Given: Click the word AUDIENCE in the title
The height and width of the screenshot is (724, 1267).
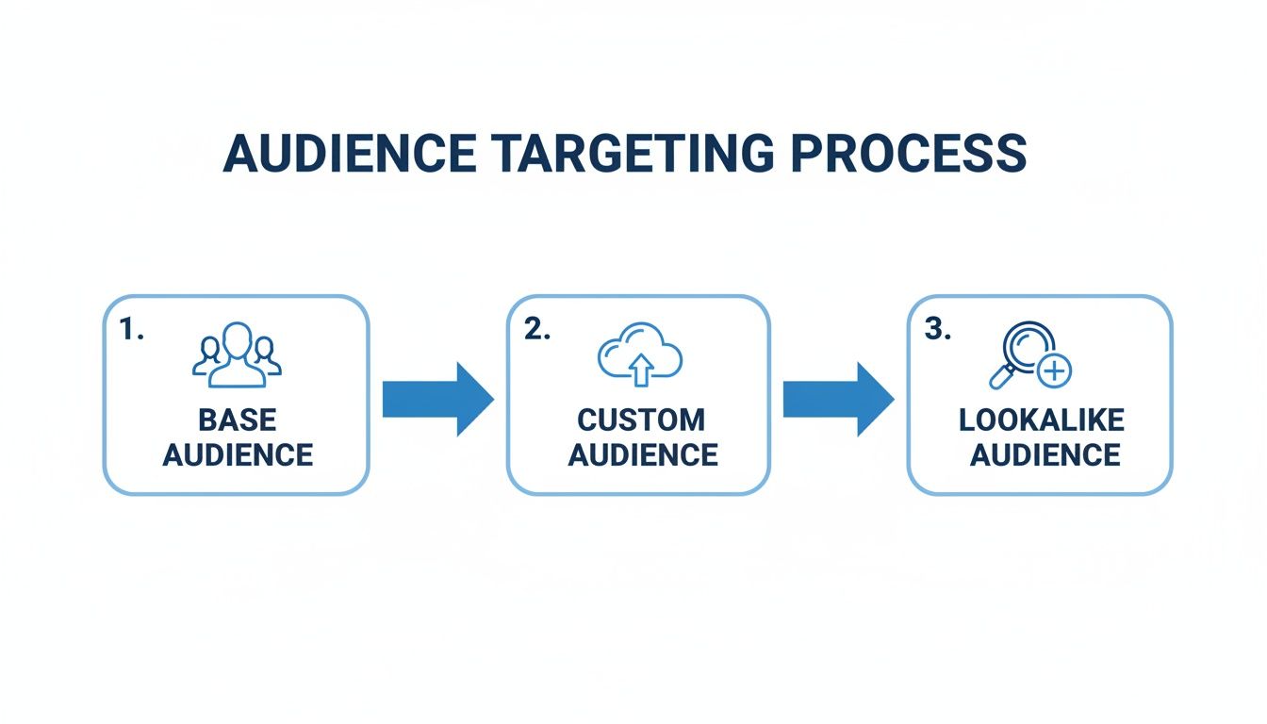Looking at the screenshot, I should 350,154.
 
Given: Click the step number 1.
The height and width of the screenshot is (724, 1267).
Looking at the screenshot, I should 131,330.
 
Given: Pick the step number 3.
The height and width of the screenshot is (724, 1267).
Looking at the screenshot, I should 936,330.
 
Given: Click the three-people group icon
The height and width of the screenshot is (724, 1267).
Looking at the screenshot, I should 237,355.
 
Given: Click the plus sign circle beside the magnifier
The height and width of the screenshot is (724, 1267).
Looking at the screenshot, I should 1054,371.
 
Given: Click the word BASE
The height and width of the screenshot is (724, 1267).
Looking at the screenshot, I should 238,420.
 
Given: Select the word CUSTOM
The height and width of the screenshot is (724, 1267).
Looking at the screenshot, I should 641,420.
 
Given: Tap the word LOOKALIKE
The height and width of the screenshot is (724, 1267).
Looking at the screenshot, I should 1042,420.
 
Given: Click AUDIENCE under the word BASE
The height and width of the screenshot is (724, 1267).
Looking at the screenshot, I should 238,454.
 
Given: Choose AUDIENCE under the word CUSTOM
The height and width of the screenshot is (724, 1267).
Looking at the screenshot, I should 643,454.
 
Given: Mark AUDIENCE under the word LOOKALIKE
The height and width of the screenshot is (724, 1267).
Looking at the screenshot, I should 1045,454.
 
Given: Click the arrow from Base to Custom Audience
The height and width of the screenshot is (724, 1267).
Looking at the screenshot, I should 436,399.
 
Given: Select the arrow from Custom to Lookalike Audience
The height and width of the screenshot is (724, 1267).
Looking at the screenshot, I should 837,399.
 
